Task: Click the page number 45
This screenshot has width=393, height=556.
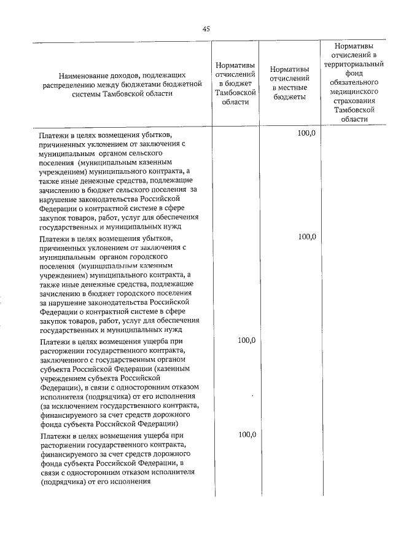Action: point(206,29)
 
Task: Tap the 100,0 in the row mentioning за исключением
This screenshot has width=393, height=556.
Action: point(246,340)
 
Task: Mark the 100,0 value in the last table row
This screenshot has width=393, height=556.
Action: point(246,434)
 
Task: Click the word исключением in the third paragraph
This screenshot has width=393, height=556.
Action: point(72,405)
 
